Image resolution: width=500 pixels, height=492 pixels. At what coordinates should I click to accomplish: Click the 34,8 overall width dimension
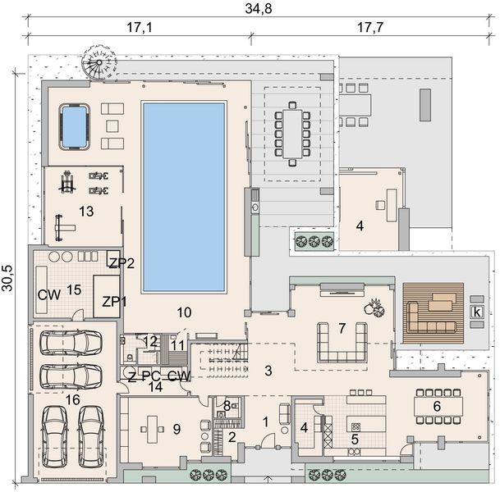point(259,8)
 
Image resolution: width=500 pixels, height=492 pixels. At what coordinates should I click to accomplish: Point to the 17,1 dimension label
point(140,27)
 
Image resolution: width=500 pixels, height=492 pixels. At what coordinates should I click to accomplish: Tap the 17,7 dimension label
point(369,27)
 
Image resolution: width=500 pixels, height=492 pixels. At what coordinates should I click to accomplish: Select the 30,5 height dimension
point(7,278)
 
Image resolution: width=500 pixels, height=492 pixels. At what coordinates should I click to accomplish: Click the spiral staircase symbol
point(99,63)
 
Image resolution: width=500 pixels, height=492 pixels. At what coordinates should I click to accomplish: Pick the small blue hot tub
point(74,126)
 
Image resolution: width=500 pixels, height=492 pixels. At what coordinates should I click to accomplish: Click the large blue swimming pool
point(184,197)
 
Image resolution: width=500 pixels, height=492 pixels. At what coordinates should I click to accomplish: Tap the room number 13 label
point(86,211)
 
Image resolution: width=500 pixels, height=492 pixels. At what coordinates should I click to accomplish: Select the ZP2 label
point(122,263)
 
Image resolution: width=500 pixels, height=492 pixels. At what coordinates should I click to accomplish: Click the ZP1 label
point(114,302)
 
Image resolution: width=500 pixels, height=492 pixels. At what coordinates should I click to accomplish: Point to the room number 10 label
point(184,312)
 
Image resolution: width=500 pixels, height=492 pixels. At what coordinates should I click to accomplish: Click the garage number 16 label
point(72,400)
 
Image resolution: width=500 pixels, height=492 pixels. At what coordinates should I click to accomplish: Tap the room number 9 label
point(177,429)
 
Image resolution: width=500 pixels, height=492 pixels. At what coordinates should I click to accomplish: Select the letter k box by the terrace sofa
point(477,312)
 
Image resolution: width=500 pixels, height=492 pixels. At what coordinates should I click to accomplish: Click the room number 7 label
point(342,328)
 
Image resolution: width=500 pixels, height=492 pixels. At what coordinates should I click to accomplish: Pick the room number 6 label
point(437,406)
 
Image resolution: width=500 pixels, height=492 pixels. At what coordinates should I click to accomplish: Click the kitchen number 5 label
point(355,440)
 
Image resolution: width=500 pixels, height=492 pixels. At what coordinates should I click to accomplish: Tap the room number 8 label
point(227,406)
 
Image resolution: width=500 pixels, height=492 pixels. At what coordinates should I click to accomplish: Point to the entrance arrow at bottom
point(268,480)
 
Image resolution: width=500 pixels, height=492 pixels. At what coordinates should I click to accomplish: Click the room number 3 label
point(268,371)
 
